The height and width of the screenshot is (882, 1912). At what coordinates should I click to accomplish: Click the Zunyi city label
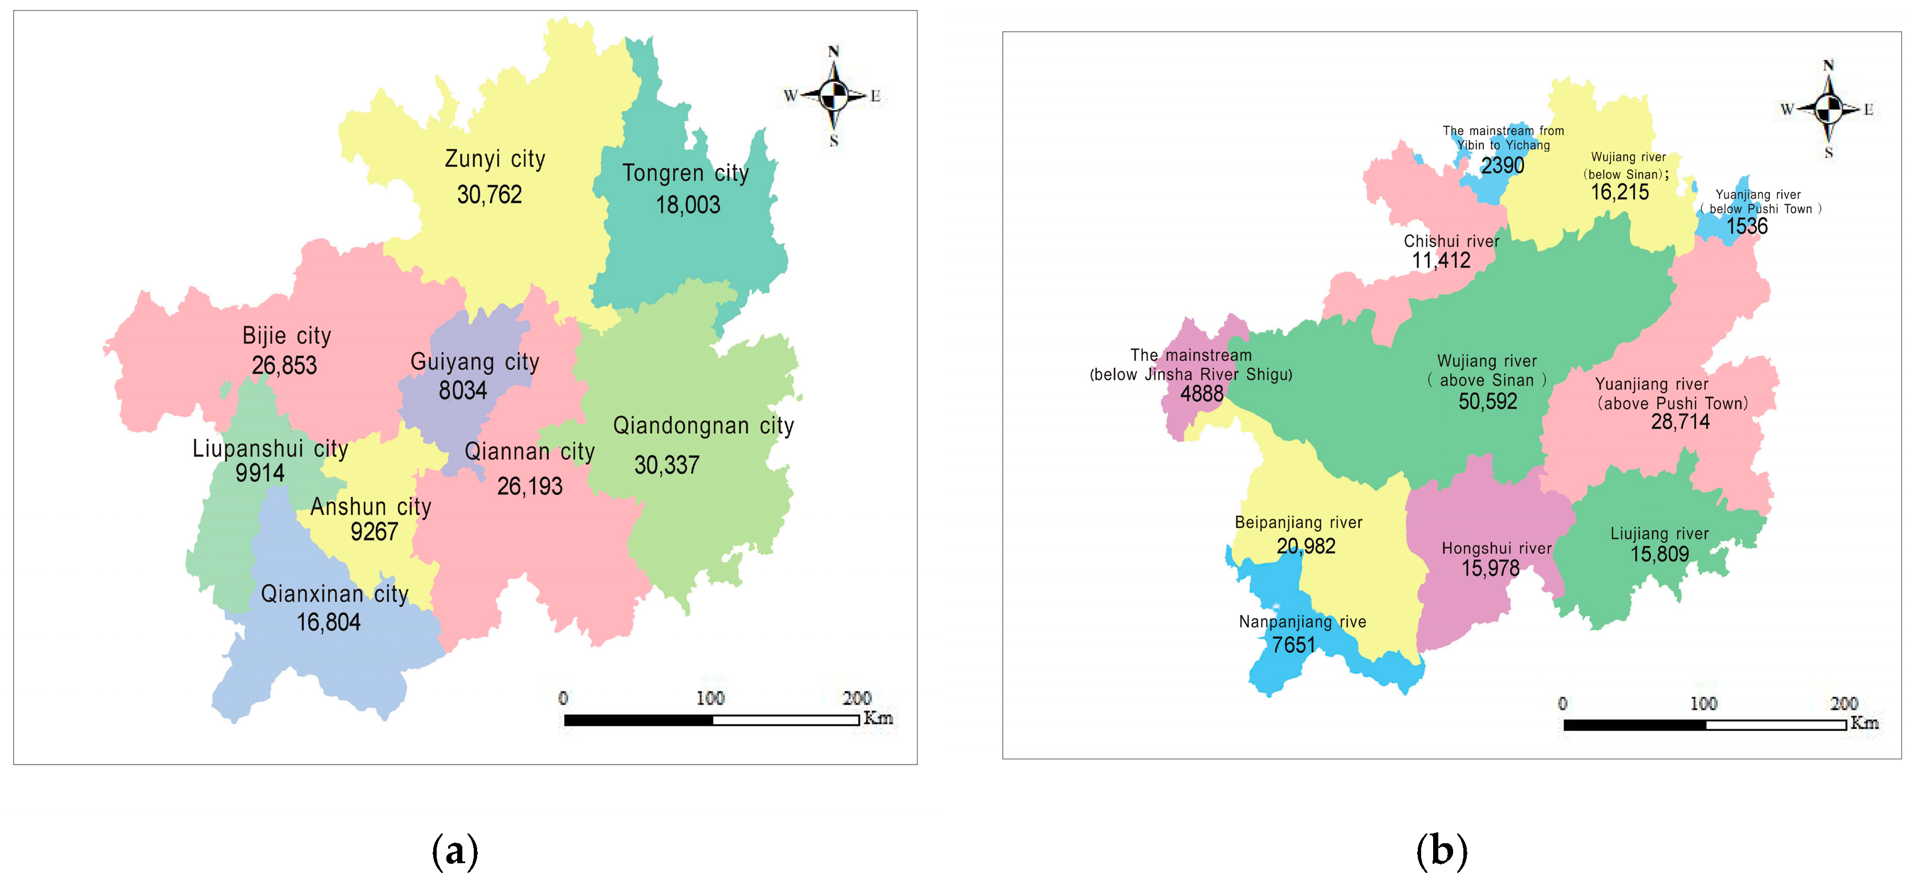pos(495,159)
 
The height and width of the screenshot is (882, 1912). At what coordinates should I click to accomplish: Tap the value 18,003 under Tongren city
pos(687,205)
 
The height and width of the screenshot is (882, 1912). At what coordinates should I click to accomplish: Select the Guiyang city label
pos(474,362)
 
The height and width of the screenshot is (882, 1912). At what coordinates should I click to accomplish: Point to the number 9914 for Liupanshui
pos(260,473)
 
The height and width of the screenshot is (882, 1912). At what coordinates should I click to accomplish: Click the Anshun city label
pos(371,507)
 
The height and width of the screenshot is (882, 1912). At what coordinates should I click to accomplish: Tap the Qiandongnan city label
pos(703,426)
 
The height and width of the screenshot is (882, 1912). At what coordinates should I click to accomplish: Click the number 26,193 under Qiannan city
pos(529,486)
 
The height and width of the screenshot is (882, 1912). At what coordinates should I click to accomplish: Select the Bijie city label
pos(287,336)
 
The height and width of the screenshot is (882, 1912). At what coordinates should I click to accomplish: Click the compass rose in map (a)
pos(833,96)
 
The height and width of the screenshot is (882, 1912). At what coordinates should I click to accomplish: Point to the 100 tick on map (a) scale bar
pos(710,698)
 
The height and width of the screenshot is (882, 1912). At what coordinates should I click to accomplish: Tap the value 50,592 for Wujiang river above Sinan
pos(1487,401)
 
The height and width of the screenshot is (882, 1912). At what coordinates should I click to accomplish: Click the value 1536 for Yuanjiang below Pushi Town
pos(1747,226)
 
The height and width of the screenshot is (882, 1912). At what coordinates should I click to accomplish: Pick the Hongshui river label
pos(1496,548)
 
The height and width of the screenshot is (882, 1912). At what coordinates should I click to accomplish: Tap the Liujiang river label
pos(1659,534)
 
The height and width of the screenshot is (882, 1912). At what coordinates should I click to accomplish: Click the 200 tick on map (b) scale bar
pos(1844,704)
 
